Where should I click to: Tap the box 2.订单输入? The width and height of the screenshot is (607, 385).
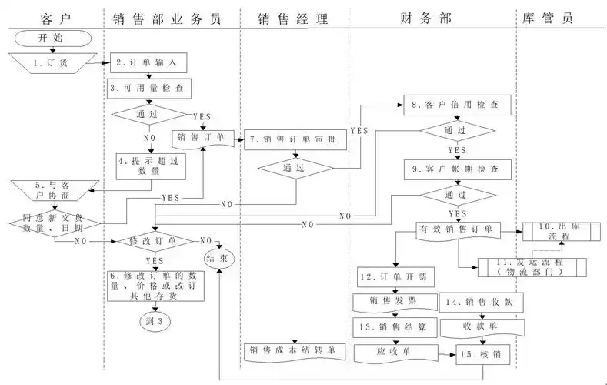click(x=148, y=62)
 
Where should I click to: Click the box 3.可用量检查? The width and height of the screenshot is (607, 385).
click(x=148, y=89)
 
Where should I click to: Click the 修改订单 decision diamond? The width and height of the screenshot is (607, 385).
click(x=155, y=241)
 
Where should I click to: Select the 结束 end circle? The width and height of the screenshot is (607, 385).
click(x=218, y=257)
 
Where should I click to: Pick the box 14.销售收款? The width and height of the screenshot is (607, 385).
click(x=482, y=301)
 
